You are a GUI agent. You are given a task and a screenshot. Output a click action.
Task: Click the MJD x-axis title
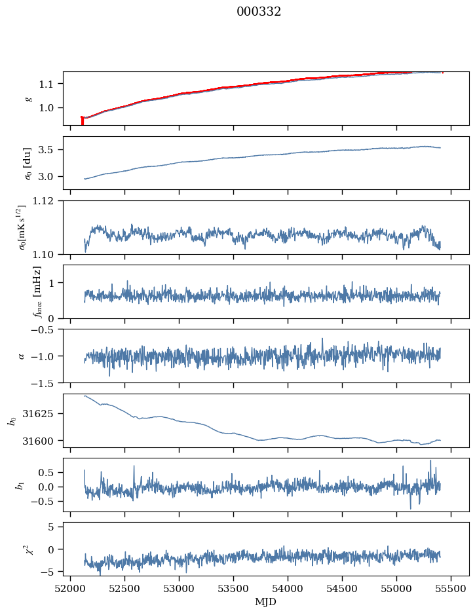point(265,602)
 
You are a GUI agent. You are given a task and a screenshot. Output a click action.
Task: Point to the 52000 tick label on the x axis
point(71,588)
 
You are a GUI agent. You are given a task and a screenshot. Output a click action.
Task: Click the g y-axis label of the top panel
point(28,98)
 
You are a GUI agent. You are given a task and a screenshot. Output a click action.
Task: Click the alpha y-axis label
point(22,356)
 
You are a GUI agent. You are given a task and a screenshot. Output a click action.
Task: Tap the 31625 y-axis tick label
point(42,414)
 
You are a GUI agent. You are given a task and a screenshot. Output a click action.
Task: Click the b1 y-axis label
point(20,485)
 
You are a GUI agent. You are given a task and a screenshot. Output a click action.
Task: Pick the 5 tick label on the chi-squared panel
point(53,527)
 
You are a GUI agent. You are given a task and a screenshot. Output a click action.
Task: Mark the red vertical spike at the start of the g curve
point(82,121)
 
